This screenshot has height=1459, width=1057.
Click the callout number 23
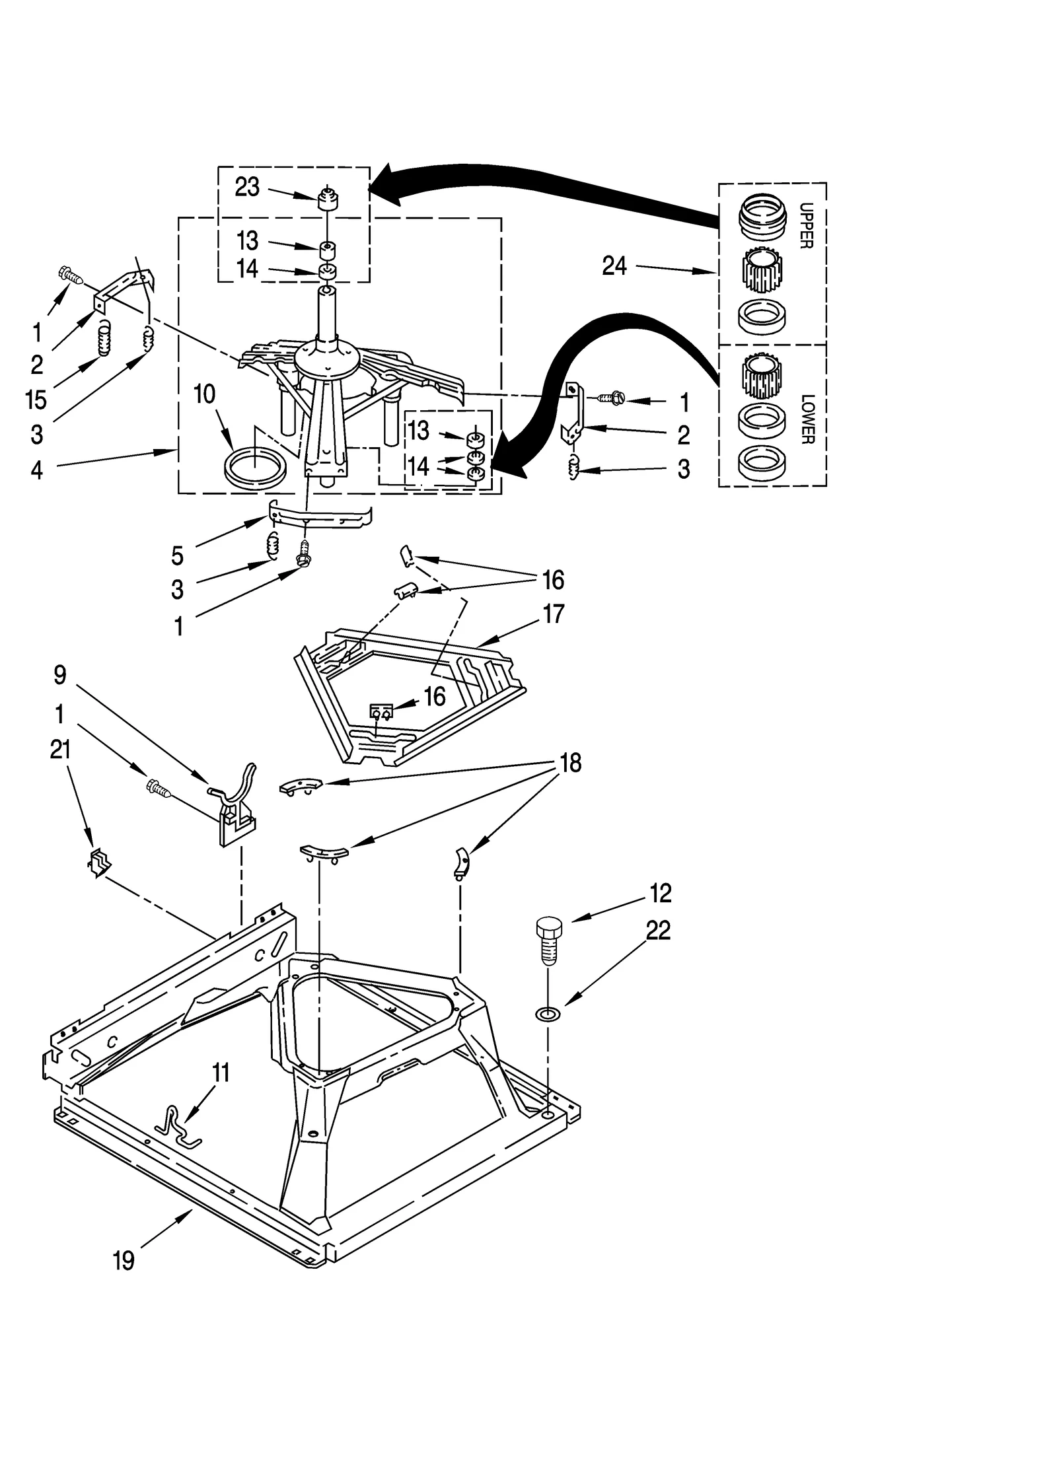(247, 187)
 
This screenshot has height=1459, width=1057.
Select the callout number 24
(614, 266)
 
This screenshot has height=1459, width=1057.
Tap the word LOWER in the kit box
(807, 419)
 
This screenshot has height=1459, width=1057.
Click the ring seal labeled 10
(256, 468)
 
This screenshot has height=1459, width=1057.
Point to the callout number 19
(124, 1260)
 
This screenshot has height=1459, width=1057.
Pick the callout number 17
(553, 614)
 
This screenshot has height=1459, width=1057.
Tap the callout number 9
(60, 674)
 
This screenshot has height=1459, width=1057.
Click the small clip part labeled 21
(99, 863)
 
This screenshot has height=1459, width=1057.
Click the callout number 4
(37, 470)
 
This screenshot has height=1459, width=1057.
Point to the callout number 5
(177, 555)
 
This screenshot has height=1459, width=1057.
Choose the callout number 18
(571, 763)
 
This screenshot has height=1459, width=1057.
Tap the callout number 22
(658, 930)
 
